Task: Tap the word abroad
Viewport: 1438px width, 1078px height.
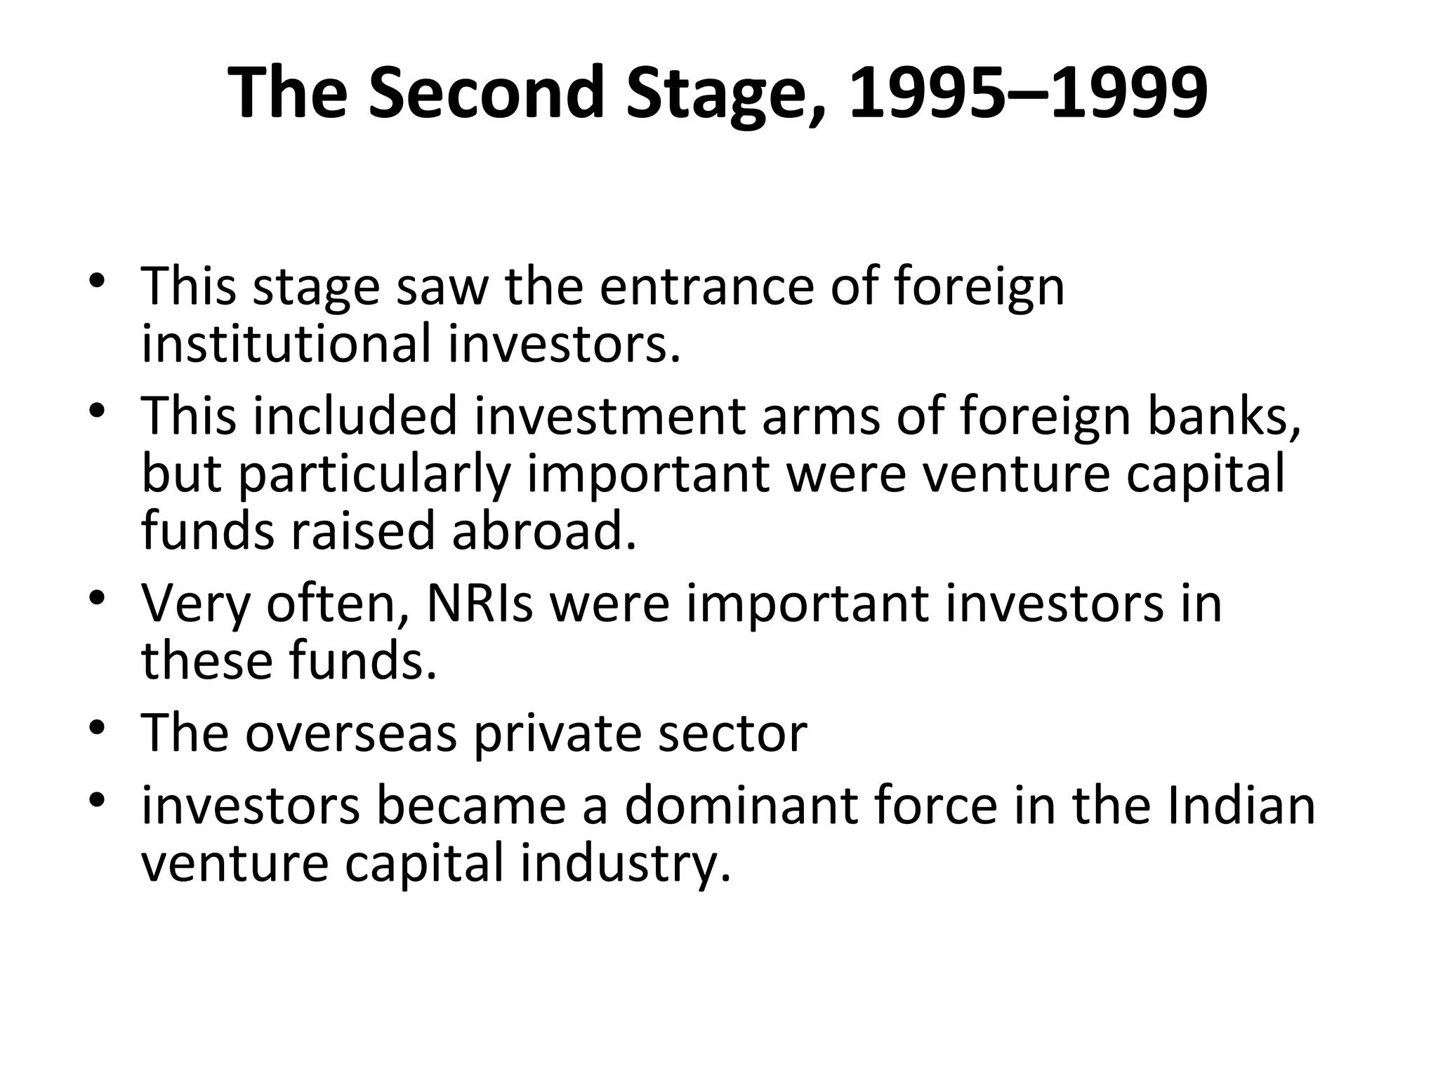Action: click(x=544, y=531)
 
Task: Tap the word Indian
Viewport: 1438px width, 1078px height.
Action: click(x=1241, y=806)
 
